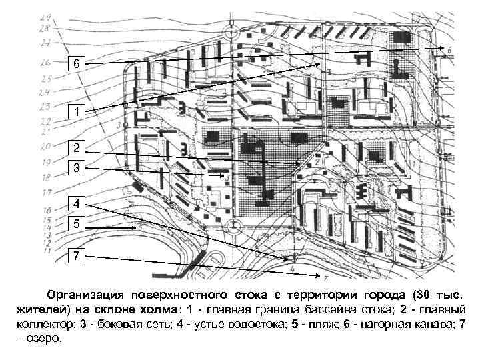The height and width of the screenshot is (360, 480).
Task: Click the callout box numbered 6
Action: click(x=77, y=64)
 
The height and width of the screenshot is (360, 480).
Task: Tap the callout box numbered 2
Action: click(x=77, y=148)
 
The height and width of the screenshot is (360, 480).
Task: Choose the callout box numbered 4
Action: click(x=77, y=203)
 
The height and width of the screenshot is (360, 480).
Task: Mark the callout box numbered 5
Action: click(x=77, y=225)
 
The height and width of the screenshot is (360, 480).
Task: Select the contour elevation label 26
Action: click(x=45, y=63)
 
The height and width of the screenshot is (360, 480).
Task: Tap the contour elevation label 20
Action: click(x=45, y=146)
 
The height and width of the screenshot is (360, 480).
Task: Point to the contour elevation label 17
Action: click(x=45, y=193)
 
